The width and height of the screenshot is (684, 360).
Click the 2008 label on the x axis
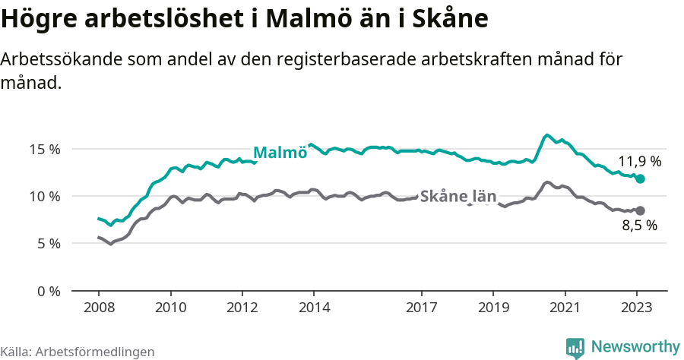(x=99, y=308)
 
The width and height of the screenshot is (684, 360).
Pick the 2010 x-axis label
(x=170, y=308)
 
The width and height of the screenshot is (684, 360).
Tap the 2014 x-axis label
(x=314, y=308)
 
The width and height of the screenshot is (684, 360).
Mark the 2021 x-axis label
(x=565, y=308)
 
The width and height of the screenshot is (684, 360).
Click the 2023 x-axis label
(x=636, y=308)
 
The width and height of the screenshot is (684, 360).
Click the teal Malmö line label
(x=280, y=152)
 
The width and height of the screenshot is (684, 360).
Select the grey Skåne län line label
(x=458, y=196)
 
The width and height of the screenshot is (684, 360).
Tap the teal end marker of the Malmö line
(x=640, y=178)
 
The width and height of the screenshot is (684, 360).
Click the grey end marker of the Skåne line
(x=640, y=210)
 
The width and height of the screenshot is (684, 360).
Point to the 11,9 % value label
(x=639, y=161)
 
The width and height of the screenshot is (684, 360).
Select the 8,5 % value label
(x=639, y=225)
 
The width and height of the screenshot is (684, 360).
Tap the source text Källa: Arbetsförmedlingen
(x=78, y=352)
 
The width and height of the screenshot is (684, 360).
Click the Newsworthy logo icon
(x=575, y=347)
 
